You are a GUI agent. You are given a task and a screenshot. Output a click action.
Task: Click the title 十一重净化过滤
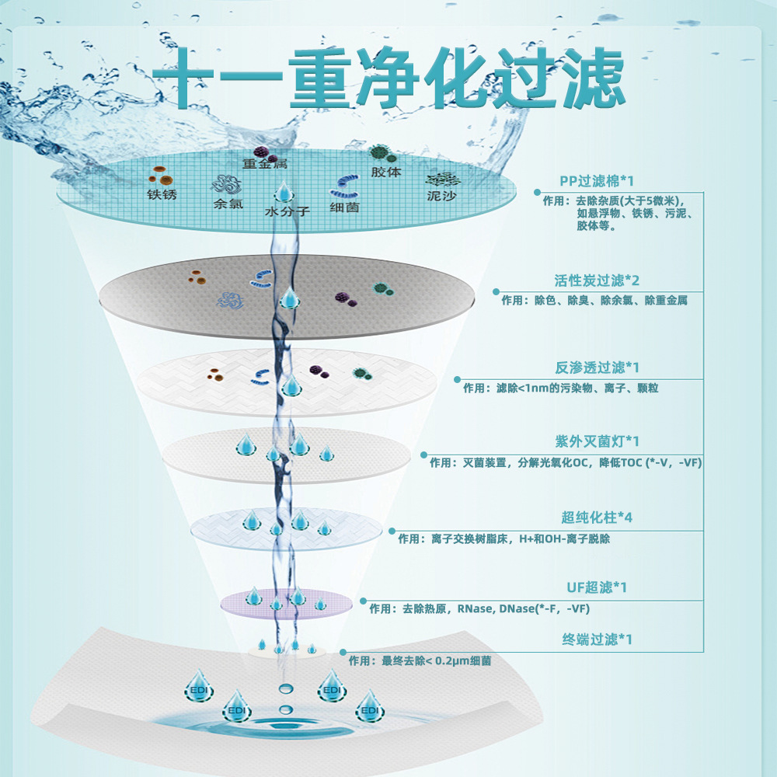388,78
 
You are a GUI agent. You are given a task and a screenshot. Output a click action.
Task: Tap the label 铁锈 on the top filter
162,194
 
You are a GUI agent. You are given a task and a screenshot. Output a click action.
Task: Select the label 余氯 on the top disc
228,205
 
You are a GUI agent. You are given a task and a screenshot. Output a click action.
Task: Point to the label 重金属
264,164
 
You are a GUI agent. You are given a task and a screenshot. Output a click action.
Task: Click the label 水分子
287,211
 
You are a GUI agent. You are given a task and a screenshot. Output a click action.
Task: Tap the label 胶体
386,172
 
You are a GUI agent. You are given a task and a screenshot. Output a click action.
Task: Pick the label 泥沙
441,197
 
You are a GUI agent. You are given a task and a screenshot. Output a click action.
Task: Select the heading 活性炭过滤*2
597,280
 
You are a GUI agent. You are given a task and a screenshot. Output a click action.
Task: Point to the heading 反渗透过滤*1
597,368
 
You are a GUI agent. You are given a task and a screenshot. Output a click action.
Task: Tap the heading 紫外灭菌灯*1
597,441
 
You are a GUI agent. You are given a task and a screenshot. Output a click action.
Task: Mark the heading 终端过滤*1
597,639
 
